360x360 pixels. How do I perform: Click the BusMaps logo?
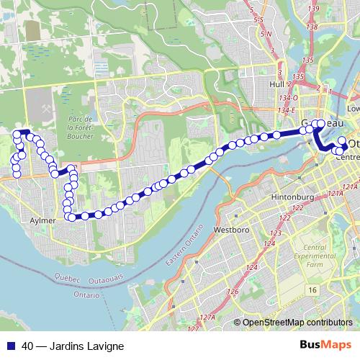325,345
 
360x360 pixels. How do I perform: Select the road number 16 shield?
312,289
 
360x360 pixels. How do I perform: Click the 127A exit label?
207,317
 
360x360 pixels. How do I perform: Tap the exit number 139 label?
312,9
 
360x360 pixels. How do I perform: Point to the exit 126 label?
233,292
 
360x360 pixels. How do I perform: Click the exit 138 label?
312,27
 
